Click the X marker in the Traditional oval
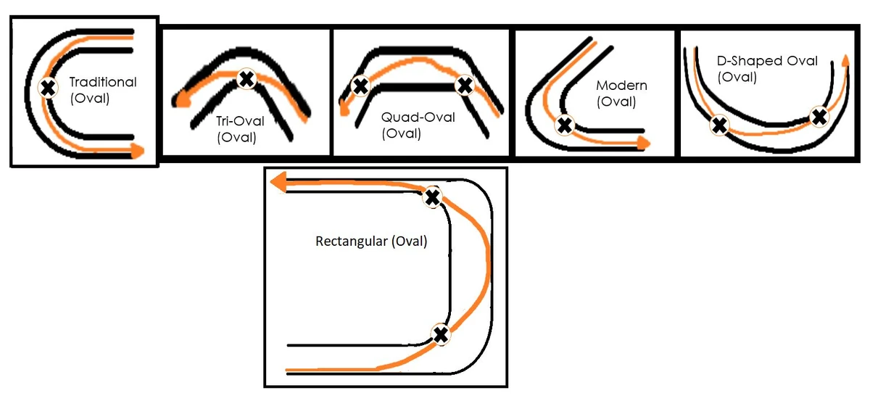48,88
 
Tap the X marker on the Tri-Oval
246,78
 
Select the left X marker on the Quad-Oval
360,86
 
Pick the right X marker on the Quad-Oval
465,86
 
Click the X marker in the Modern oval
564,125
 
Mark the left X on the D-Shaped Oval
718,125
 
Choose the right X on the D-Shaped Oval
819,115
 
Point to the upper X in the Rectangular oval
432,197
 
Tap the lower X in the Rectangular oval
441,334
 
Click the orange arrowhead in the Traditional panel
138,151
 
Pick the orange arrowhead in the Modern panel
642,143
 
